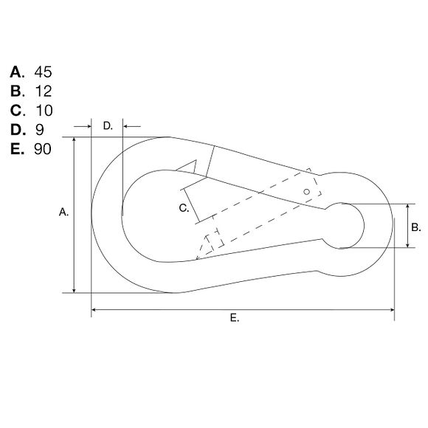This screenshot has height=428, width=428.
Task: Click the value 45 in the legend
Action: pyautogui.click(x=43, y=72)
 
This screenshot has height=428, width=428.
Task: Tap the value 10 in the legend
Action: pyautogui.click(x=43, y=111)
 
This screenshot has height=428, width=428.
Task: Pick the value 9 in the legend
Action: pyautogui.click(x=39, y=130)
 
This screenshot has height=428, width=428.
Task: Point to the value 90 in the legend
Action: pyautogui.click(x=43, y=149)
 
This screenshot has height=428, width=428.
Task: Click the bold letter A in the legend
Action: pyautogui.click(x=16, y=72)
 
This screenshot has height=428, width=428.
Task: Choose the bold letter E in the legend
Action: pyautogui.click(x=16, y=149)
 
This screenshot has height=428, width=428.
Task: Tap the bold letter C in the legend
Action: pyautogui.click(x=16, y=111)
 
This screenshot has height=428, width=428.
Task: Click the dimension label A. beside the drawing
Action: pyautogui.click(x=63, y=213)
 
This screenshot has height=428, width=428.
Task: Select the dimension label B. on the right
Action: pyautogui.click(x=415, y=227)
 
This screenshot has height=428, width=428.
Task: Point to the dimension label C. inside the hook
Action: pyautogui.click(x=184, y=209)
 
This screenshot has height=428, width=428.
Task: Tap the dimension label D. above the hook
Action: pyautogui.click(x=108, y=126)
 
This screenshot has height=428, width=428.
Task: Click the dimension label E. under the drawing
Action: pyautogui.click(x=235, y=318)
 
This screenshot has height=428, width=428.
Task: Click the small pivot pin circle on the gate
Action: pyautogui.click(x=307, y=192)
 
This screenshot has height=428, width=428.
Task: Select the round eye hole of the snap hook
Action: pyautogui.click(x=343, y=225)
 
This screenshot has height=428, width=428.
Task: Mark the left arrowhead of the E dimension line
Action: pyautogui.click(x=94, y=310)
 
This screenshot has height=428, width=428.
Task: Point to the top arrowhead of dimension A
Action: pyautogui.click(x=75, y=141)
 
